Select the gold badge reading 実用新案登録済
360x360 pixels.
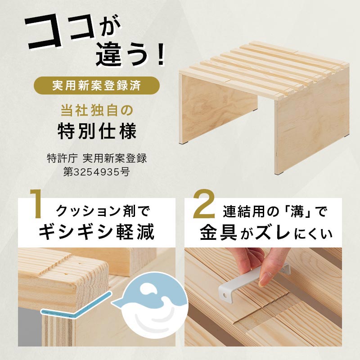click(97, 85)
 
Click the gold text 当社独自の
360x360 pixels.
click(97, 111)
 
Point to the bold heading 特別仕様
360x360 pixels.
click(97, 131)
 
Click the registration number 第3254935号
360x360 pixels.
click(97, 172)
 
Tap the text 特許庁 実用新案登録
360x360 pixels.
click(97, 158)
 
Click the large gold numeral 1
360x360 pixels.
click(37, 204)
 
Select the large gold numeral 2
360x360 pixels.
click(204, 204)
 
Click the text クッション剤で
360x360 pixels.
click(103, 211)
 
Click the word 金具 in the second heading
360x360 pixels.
click(218, 233)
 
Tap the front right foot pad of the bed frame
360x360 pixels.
click(283, 172)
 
